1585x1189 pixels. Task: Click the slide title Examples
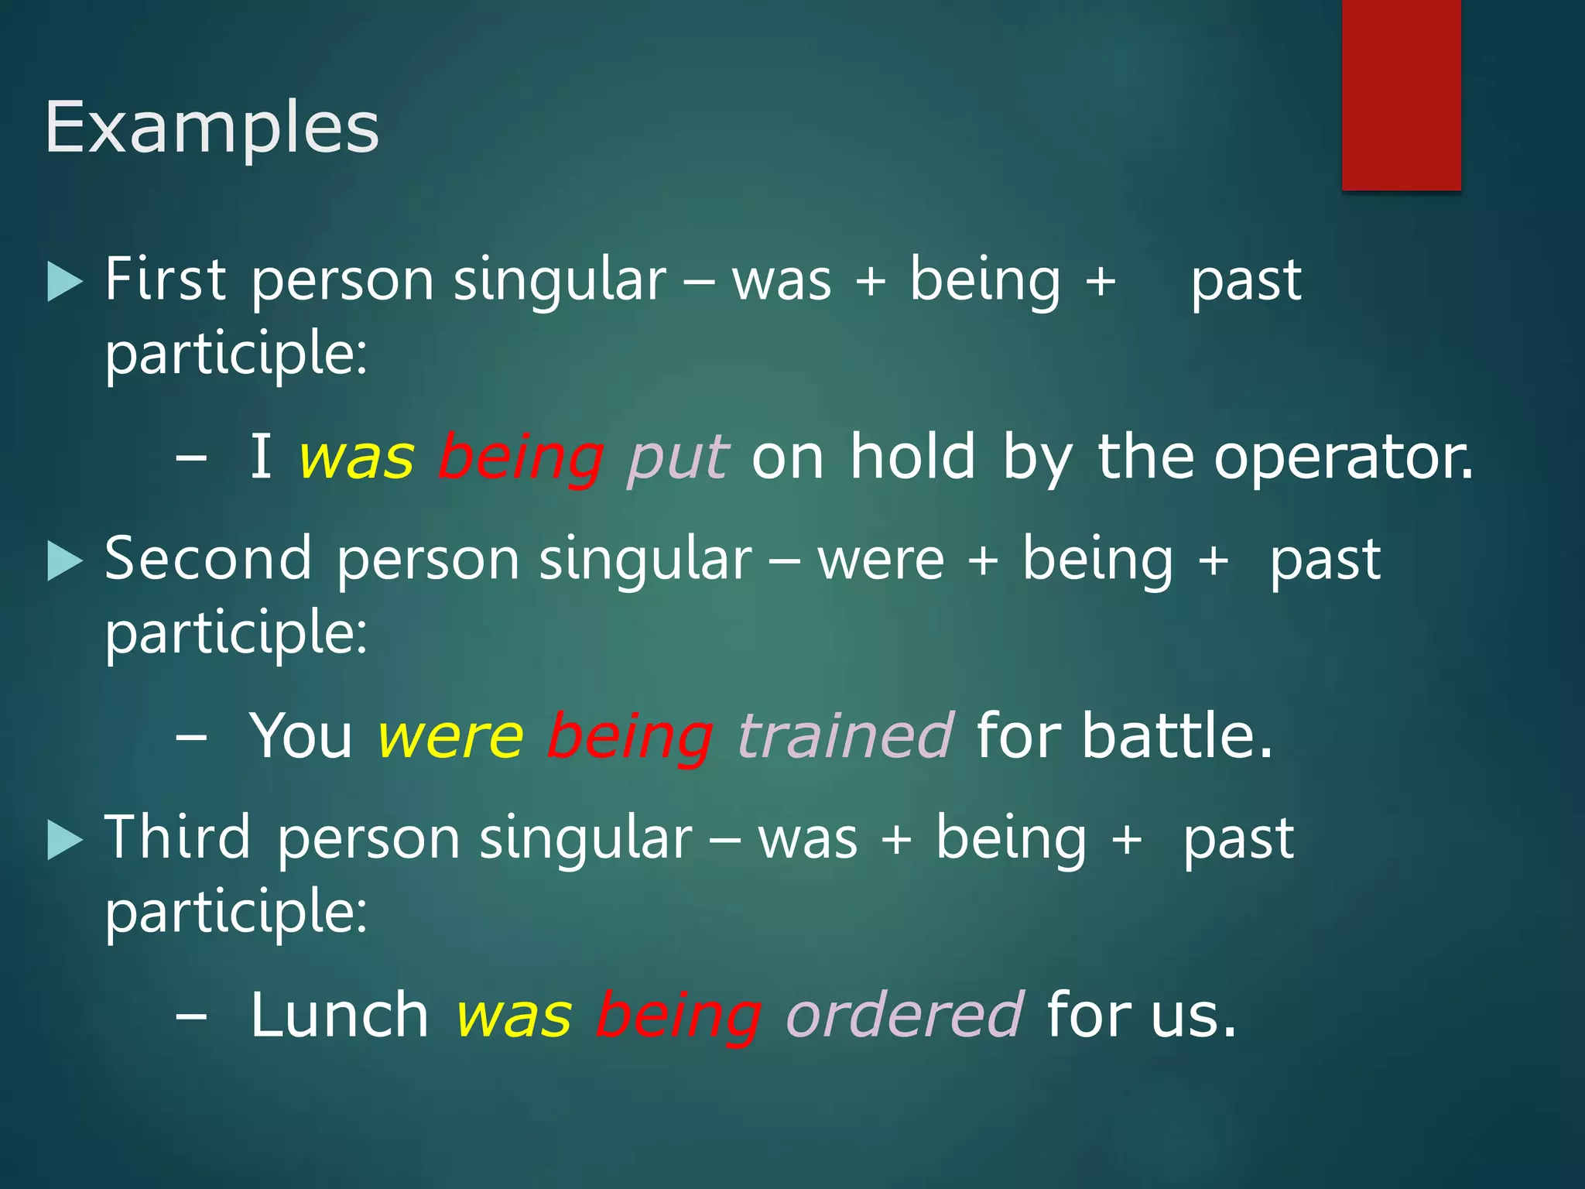pos(212,128)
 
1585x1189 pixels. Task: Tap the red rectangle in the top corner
pos(1401,94)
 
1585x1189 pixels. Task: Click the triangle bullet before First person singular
pos(64,281)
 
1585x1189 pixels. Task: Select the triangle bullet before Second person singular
pos(64,560)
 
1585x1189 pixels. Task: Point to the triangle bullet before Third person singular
pos(64,840)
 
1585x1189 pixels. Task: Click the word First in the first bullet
pos(166,279)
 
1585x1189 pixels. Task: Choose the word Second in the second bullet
pos(208,558)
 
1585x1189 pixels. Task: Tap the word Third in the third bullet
pos(178,838)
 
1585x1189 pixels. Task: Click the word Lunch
pos(339,1015)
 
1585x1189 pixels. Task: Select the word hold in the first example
pos(913,457)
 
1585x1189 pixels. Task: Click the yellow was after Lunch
pos(514,1015)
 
